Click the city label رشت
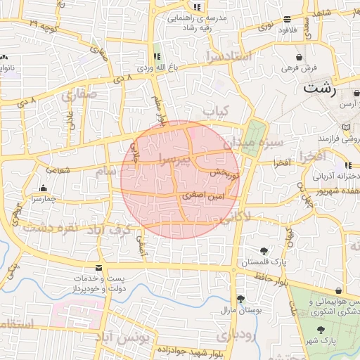pos(320,89)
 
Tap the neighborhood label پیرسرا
pos(173,160)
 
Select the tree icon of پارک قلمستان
pos(264,250)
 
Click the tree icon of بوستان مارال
pos(241,299)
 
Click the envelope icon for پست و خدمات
pos(98,269)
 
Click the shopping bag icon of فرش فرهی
pos(300,56)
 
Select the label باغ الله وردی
pos(156,67)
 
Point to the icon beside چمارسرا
pos(43,188)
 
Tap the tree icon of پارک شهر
pos(321,330)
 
